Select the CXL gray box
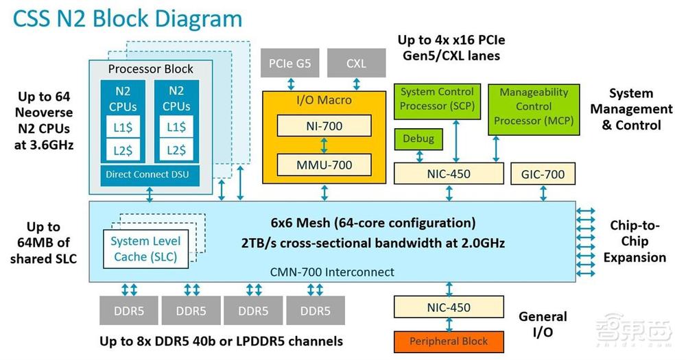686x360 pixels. pyautogui.click(x=356, y=64)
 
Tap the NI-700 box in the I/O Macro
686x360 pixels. pyautogui.click(x=324, y=125)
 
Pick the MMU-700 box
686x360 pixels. pyautogui.click(x=324, y=165)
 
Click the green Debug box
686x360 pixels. pyautogui.click(x=418, y=139)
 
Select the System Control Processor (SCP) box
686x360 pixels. pyautogui.click(x=437, y=99)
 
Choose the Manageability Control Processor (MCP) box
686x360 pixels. pyautogui.click(x=534, y=107)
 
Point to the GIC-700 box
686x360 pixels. pyautogui.click(x=543, y=173)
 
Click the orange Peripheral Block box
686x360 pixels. pyautogui.click(x=449, y=341)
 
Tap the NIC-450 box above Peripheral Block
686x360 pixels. pyautogui.click(x=449, y=307)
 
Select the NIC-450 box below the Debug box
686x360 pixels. pyautogui.click(x=449, y=173)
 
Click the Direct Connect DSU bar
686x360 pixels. pyautogui.click(x=147, y=174)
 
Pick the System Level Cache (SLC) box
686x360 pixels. pyautogui.click(x=145, y=248)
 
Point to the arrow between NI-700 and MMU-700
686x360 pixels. pyautogui.click(x=324, y=145)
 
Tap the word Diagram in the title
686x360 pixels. pyautogui.click(x=192, y=19)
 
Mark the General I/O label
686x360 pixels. pyautogui.click(x=543, y=324)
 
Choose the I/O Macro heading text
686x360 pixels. pyautogui.click(x=324, y=100)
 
